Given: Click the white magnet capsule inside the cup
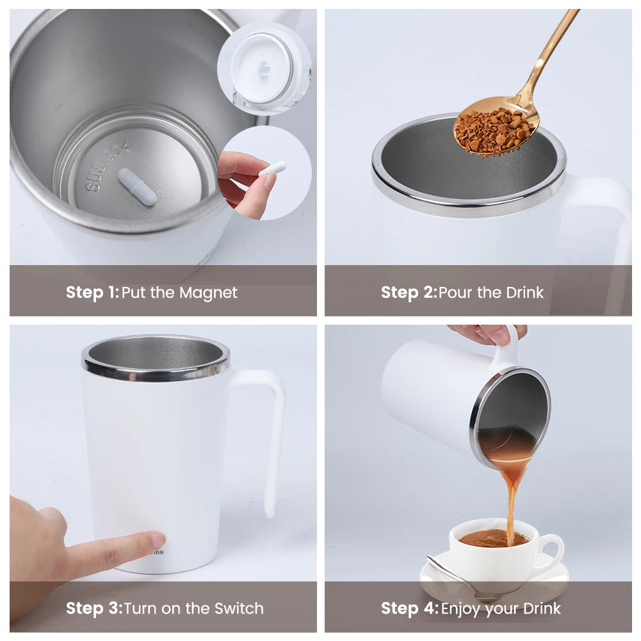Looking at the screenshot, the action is (x=137, y=187).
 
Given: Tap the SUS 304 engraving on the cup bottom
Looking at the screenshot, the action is (x=108, y=166).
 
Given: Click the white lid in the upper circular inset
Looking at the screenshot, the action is (x=262, y=68).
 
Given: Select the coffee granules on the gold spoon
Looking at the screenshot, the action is (x=494, y=131).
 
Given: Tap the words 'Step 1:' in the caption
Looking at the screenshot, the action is (x=92, y=293).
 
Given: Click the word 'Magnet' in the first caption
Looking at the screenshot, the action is (x=209, y=293).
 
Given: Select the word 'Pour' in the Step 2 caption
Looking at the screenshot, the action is (x=456, y=293).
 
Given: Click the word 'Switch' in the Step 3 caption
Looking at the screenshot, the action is (x=239, y=608).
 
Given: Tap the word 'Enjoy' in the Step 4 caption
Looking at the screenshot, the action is (x=460, y=609).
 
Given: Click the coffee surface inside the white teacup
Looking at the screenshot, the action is (x=494, y=539).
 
